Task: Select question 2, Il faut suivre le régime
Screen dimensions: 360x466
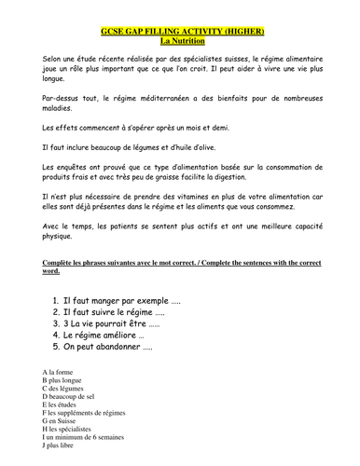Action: (112, 317)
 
